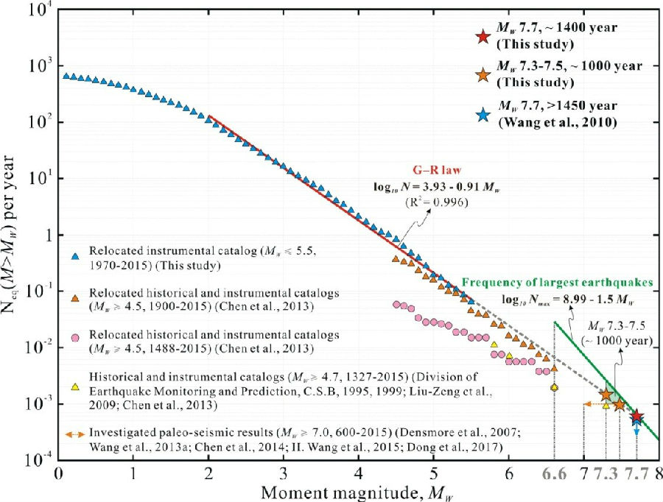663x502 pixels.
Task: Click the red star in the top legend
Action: [x=482, y=36]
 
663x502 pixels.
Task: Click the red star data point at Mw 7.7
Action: [x=636, y=417]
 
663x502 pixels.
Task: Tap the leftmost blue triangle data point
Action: [x=66, y=76]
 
